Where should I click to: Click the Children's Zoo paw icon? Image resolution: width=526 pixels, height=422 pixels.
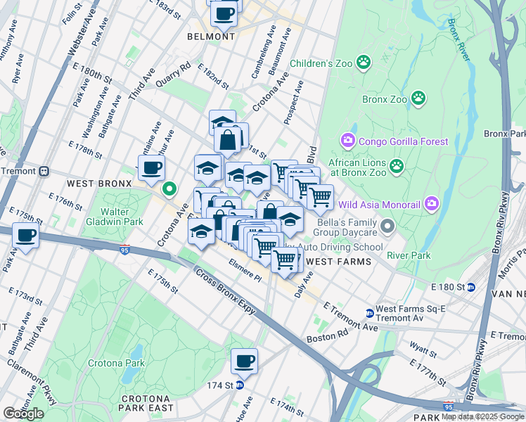point(364,63)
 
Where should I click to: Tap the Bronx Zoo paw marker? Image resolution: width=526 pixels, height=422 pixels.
point(418,98)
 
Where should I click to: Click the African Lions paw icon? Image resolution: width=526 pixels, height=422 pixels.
point(397,167)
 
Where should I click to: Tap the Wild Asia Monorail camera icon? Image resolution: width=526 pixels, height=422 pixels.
point(432,205)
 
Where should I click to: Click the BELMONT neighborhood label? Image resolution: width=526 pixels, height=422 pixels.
point(211,37)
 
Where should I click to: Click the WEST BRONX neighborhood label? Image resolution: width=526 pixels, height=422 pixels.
point(99,183)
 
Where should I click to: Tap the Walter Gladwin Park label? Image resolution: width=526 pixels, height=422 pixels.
point(110,217)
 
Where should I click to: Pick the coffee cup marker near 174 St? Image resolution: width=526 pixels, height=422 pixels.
point(244,361)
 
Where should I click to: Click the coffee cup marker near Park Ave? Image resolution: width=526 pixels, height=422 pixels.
point(25,236)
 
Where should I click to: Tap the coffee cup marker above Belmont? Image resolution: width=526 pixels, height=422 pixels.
point(224,12)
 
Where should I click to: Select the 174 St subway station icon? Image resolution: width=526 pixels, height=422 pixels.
point(240,385)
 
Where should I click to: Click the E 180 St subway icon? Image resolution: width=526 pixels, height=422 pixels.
point(471,287)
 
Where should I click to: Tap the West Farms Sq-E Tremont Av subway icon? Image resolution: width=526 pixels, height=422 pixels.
point(369,313)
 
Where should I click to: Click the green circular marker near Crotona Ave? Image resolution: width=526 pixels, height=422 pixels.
point(169,188)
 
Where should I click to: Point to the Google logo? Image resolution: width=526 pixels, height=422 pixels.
point(23,414)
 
